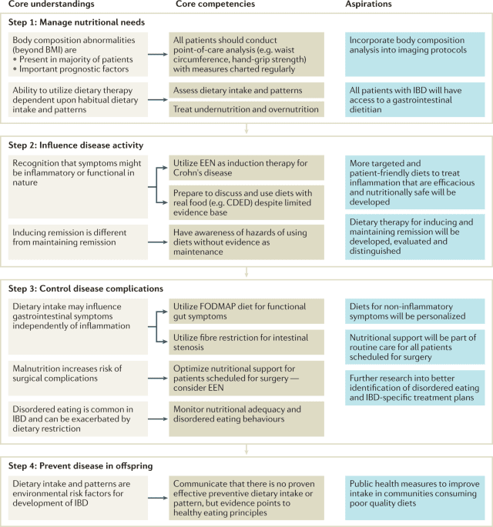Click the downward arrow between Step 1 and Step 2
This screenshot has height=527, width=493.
coord(246,128)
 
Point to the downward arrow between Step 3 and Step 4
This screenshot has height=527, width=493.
coord(246,449)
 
